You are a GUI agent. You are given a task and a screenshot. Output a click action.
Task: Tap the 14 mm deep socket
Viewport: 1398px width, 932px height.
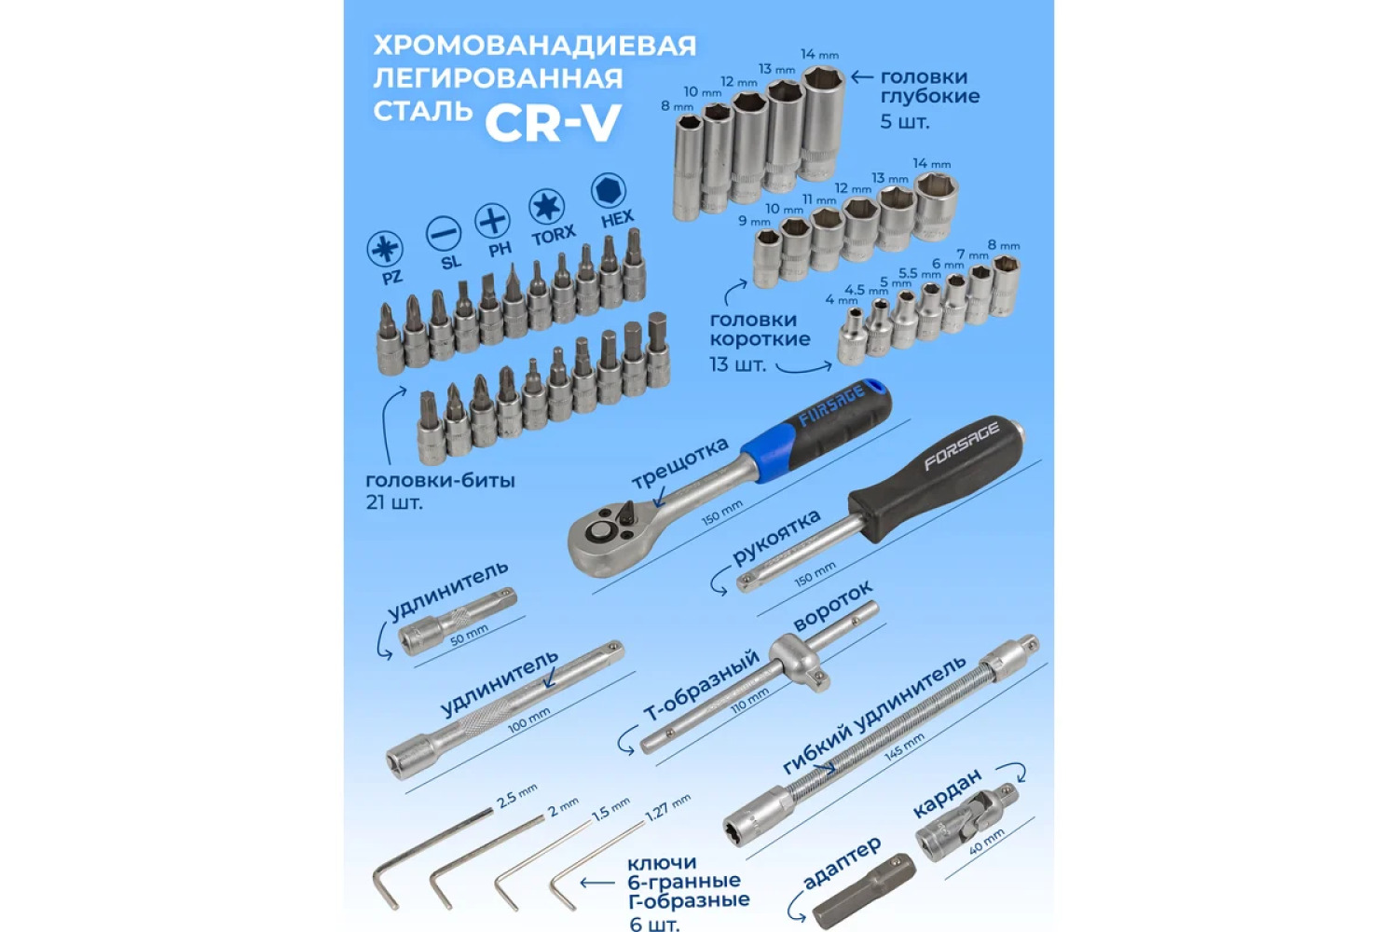tap(823, 122)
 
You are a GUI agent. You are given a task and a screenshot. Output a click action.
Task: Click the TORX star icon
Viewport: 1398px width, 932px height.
tap(547, 207)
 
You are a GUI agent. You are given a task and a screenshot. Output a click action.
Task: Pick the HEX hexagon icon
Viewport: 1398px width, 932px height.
tap(608, 190)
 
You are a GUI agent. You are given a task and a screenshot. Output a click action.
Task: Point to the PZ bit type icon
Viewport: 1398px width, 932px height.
tap(385, 249)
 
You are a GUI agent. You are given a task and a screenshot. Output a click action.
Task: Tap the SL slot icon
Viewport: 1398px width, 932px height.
tap(444, 235)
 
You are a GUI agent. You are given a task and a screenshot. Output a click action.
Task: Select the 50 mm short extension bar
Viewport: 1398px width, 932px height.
tap(458, 621)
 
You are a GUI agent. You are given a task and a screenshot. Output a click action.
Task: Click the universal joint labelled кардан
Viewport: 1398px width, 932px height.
tap(966, 823)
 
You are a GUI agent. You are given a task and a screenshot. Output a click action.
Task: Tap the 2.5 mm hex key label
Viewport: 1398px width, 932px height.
tap(516, 796)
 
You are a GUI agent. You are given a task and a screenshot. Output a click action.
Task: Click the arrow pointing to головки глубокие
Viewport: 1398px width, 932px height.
tap(862, 76)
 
